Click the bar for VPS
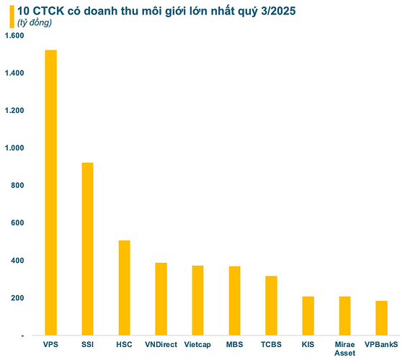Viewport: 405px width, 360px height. (x=50, y=192)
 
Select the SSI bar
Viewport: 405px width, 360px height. (x=87, y=248)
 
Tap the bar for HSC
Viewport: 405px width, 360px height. (x=124, y=287)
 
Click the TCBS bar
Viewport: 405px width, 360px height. (x=271, y=305)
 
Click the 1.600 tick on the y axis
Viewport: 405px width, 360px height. (x=14, y=36)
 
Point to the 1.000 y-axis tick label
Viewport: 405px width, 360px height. (x=14, y=148)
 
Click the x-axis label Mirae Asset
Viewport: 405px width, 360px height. (x=344, y=348)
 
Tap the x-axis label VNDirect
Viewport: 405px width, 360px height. (x=161, y=344)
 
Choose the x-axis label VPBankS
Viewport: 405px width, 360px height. (x=381, y=344)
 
